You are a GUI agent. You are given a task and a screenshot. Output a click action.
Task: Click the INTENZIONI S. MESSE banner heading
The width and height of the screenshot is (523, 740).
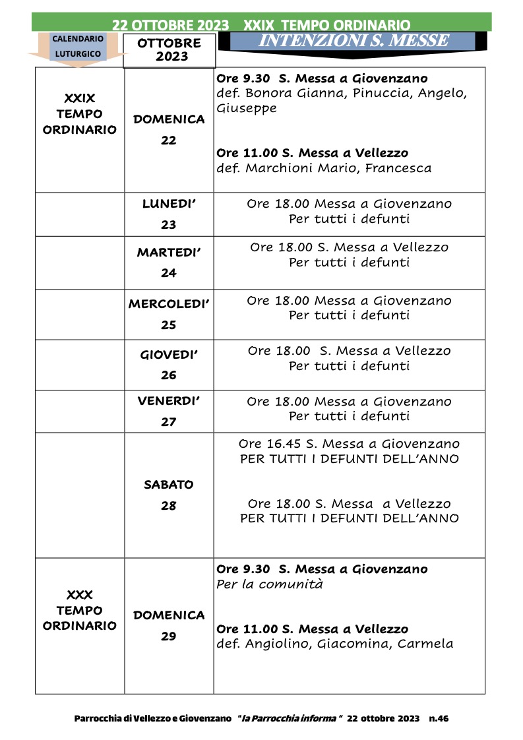coord(354,41)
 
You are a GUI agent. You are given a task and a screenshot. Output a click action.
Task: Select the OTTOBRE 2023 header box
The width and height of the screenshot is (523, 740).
coord(169,50)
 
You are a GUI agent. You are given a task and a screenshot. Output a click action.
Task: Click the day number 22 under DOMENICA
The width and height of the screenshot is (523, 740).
coord(169,140)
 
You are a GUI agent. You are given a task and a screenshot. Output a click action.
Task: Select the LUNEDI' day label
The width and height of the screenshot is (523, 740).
coord(169,204)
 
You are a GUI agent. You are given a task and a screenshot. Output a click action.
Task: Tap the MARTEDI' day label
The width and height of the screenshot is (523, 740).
coord(168,253)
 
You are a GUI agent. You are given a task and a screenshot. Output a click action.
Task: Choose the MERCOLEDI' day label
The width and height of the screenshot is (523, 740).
coord(169,304)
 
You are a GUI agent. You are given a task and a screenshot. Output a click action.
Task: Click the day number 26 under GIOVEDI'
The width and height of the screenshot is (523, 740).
coord(169,375)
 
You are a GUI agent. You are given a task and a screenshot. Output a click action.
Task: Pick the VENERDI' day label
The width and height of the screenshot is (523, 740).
coord(168,401)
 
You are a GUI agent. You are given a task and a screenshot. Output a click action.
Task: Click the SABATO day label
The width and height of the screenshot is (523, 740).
coord(169,485)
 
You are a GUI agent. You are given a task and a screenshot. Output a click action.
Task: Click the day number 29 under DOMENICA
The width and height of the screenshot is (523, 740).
coord(169,636)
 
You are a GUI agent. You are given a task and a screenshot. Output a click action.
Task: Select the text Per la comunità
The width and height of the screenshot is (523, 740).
coord(270,584)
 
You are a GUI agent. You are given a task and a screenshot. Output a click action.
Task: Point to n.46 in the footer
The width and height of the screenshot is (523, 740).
coord(439,718)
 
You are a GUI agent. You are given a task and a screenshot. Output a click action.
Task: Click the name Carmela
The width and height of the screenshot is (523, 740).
coord(425,644)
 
